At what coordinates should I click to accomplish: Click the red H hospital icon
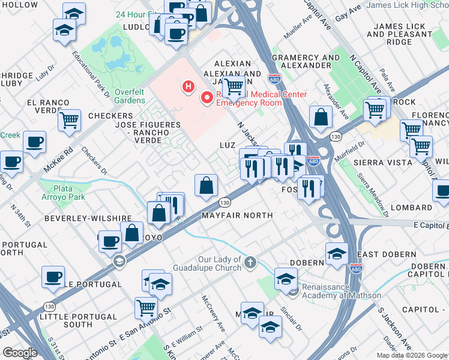click(x=189, y=88)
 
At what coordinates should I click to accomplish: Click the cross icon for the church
click(x=250, y=262)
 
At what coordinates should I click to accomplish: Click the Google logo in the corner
click(x=19, y=353)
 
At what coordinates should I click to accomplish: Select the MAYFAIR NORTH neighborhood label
click(x=237, y=215)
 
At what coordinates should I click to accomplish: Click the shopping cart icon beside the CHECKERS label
click(x=69, y=120)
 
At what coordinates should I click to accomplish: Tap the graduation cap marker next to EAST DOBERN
click(x=337, y=254)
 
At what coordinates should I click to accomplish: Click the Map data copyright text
click(x=412, y=355)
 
